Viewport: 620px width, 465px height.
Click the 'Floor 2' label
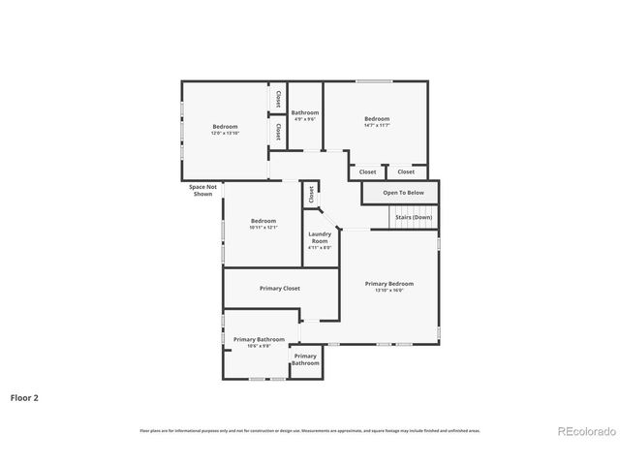coord(25,396)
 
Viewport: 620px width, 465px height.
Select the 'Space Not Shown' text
coord(202,190)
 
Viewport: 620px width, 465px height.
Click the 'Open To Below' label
coord(403,193)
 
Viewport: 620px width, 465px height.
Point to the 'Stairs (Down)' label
coord(414,217)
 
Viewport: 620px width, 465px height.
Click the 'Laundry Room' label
coord(320,237)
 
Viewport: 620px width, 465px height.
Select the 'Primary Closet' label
coord(279,288)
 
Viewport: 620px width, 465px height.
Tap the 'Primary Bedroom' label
coord(388,283)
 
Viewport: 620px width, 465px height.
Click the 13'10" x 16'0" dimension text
coord(388,290)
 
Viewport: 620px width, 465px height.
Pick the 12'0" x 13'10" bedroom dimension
coord(225,133)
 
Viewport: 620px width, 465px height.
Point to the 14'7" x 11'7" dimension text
coord(377,125)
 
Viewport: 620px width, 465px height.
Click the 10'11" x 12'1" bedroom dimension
coord(263,227)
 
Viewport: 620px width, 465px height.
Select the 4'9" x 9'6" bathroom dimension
coord(305,119)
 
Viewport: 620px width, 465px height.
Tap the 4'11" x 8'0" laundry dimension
coord(320,248)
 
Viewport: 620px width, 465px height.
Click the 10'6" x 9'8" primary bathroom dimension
coord(259,346)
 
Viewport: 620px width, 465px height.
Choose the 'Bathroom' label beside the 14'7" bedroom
coord(305,112)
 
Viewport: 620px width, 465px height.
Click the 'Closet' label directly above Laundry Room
coord(311,194)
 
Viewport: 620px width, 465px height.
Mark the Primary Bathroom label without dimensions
coord(305,359)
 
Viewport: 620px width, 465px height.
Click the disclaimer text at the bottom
coord(310,430)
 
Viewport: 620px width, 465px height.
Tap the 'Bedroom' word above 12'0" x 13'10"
coord(225,126)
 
